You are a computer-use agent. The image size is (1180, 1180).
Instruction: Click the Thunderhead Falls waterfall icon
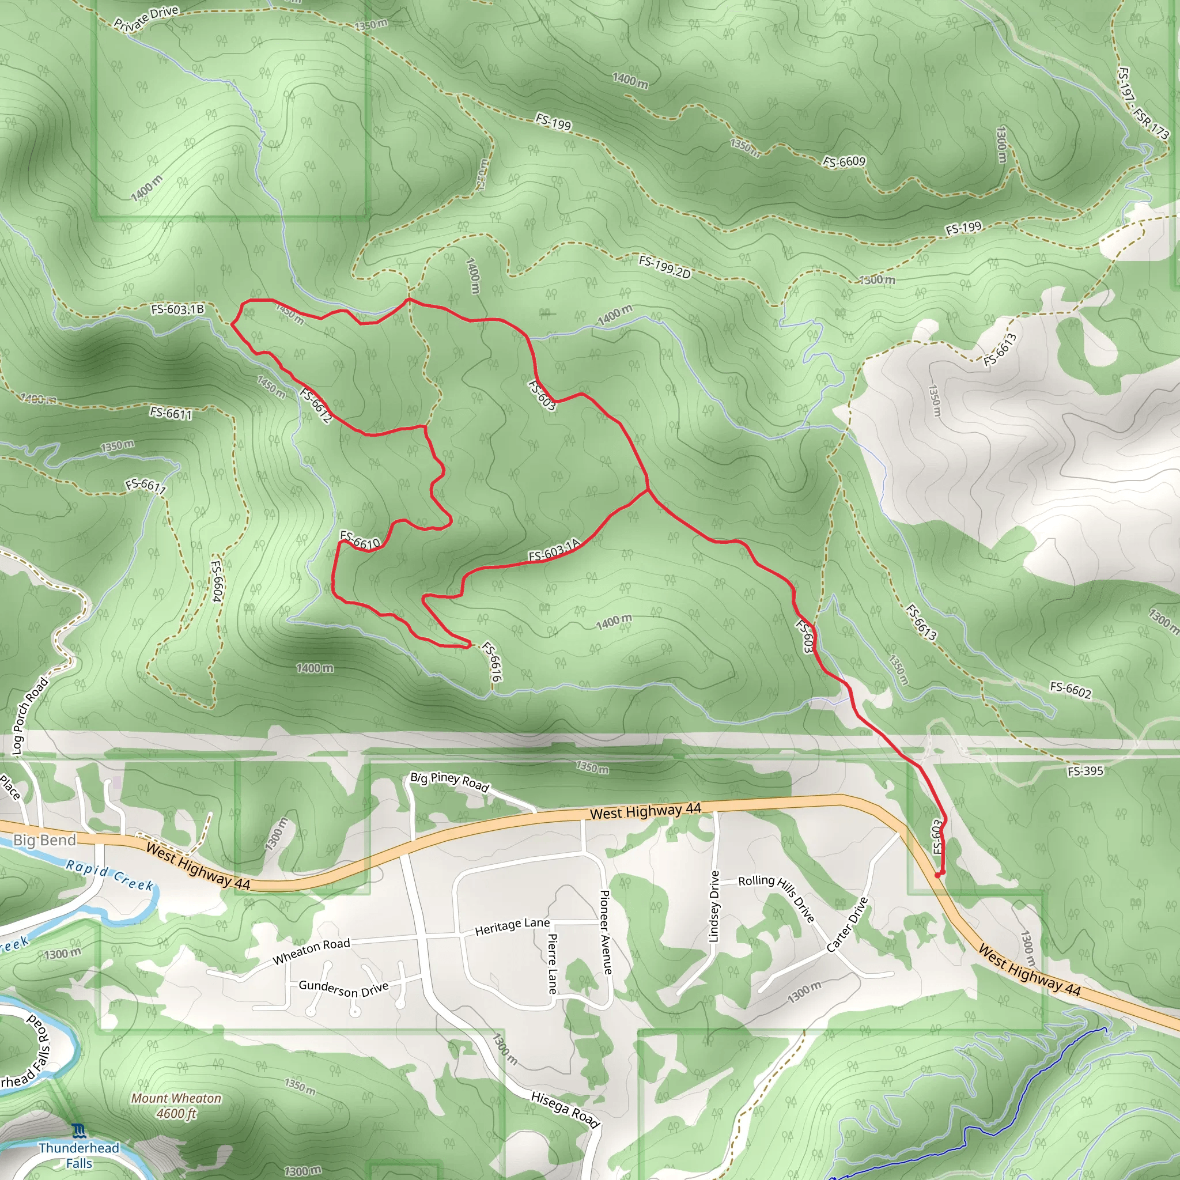[79, 1132]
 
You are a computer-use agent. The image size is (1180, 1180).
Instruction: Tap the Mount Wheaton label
[176, 1099]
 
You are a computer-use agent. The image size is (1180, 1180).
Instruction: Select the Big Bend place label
[44, 840]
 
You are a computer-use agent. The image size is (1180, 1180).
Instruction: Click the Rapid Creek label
[110, 875]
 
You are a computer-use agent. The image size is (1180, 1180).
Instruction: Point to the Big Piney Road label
[449, 781]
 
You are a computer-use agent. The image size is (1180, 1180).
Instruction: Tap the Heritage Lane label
[512, 926]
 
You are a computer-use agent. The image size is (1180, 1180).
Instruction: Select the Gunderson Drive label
[343, 989]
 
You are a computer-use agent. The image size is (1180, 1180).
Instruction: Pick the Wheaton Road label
[311, 951]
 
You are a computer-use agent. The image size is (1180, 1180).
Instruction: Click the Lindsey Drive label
[714, 906]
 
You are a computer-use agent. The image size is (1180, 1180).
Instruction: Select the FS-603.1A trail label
[554, 551]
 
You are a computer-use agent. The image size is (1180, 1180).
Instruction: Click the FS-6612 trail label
[316, 405]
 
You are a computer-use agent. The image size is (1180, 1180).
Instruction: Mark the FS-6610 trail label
[360, 539]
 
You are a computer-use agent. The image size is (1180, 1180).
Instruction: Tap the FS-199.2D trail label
[664, 267]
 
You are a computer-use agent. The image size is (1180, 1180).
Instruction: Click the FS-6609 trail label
[844, 162]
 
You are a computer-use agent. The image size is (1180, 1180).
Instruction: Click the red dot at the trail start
[938, 875]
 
